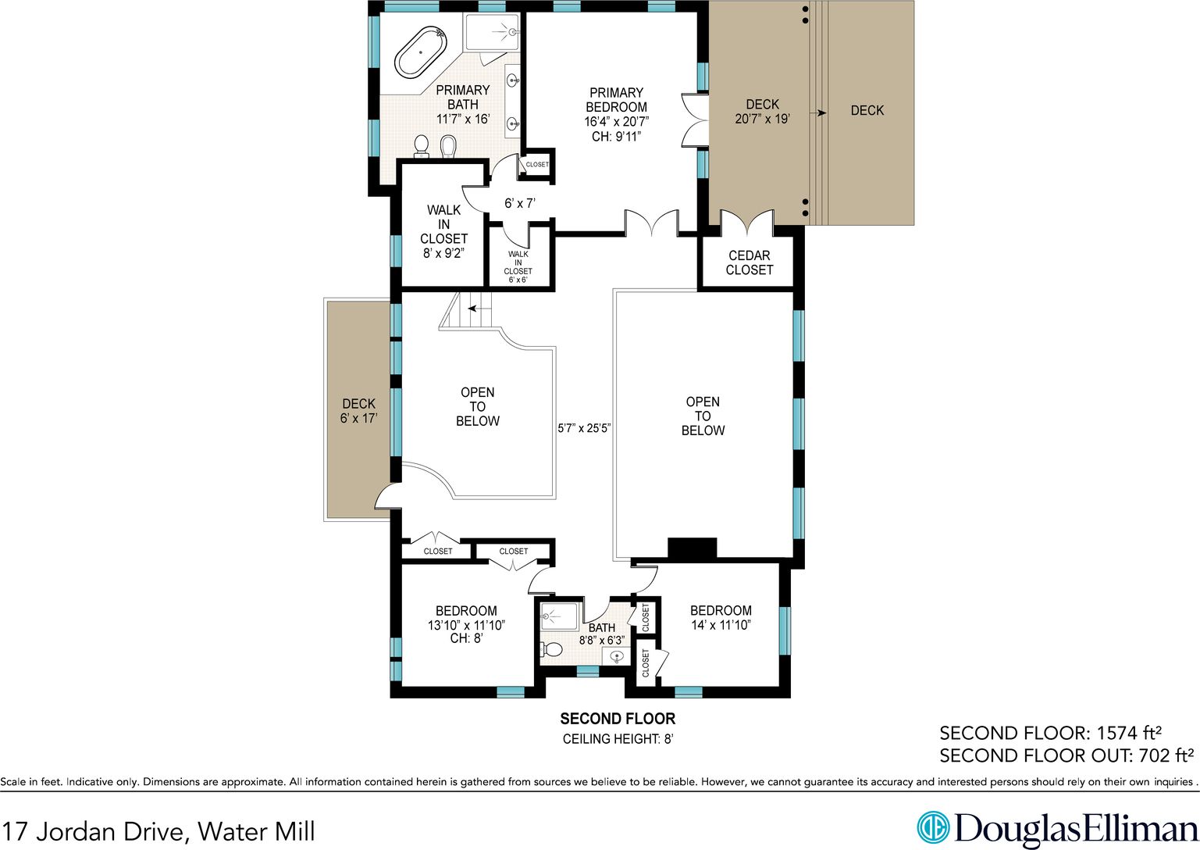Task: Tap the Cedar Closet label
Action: click(x=749, y=262)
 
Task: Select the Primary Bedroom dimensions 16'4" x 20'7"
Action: click(x=617, y=122)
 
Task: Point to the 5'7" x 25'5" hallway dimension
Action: click(x=584, y=428)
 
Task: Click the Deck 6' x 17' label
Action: click(x=358, y=410)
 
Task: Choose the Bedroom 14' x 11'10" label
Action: click(x=721, y=617)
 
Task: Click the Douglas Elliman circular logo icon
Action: click(x=933, y=827)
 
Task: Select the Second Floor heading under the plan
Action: click(x=618, y=718)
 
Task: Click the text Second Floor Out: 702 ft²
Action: click(x=1066, y=755)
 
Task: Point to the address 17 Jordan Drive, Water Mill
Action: click(x=158, y=830)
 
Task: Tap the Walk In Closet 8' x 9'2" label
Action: click(x=443, y=231)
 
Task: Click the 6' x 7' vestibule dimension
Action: click(x=520, y=203)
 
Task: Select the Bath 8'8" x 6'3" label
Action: click(x=602, y=634)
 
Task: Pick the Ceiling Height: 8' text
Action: click(x=618, y=739)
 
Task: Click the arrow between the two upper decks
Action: click(x=818, y=113)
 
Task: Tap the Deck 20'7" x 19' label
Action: click(x=762, y=112)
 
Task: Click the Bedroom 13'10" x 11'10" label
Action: click(x=466, y=625)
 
